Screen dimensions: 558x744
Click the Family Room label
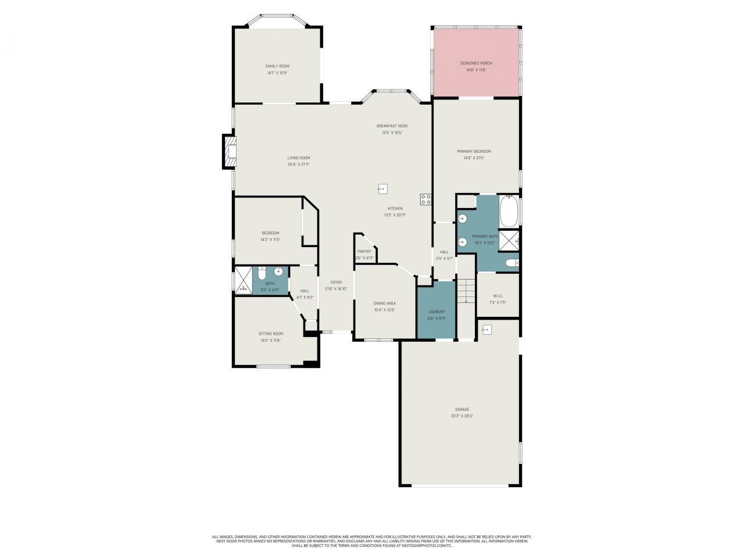click(277, 66)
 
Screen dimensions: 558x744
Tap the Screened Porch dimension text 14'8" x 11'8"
click(475, 70)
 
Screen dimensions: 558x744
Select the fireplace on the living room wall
click(230, 152)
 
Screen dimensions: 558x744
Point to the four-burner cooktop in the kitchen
click(425, 199)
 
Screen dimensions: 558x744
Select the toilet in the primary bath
click(511, 263)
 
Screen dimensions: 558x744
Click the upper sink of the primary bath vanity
click(463, 219)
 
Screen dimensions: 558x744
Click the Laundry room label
click(437, 312)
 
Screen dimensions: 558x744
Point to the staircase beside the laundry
click(466, 291)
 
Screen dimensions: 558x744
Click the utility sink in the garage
click(487, 330)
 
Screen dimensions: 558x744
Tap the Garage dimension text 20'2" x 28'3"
click(462, 416)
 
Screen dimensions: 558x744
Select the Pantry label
click(364, 251)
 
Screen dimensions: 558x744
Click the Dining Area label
click(384, 303)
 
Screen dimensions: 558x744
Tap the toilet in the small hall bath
click(262, 273)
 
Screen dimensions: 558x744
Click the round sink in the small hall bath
click(278, 271)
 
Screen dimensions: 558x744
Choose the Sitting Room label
click(270, 334)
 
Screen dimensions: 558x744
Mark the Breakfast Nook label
click(392, 126)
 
